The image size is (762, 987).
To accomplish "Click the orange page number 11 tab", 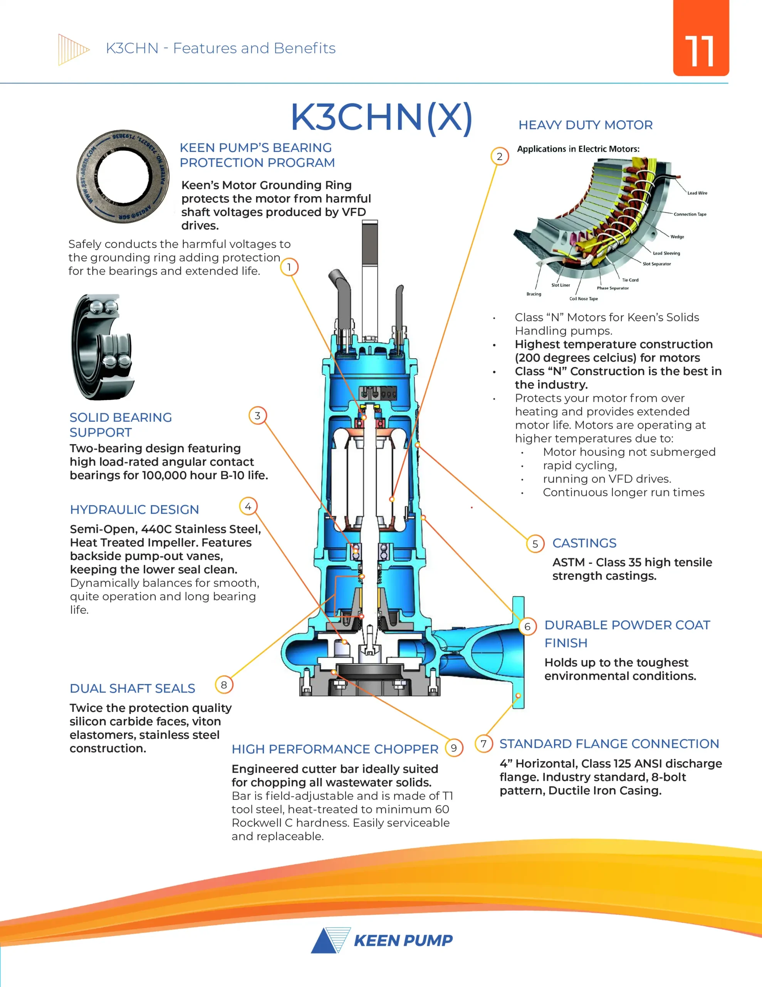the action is pos(701,38).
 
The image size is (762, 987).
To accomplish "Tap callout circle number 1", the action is pos(289,267).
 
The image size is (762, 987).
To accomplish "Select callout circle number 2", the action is pos(500,157).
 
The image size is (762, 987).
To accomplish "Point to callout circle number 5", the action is pos(535,544).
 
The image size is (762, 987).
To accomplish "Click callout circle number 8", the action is pos(224,685).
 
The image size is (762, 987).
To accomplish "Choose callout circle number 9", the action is pos(454,748).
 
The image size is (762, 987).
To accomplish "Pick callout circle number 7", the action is pos(484,743).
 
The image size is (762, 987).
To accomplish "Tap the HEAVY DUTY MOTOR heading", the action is pos(586,125).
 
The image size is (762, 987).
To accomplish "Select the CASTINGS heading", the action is pos(584,543).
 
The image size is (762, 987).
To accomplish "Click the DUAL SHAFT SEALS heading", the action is pos(133,688).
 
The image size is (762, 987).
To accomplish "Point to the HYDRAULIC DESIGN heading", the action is pos(134,510).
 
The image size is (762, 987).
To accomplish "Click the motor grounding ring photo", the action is pos(123,176).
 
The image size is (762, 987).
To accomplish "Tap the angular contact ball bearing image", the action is pos(102,347).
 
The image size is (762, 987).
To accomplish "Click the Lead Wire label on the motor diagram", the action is pos(697,193).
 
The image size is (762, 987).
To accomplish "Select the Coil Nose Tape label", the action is pos(584,299).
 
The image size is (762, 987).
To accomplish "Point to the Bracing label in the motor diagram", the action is pos(534,294).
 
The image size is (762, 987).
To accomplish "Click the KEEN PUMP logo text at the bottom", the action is pos(403,940).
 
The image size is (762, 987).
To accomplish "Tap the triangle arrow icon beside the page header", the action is pos(74,49).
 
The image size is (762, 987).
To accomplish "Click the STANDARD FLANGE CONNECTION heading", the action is pos(609,744).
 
